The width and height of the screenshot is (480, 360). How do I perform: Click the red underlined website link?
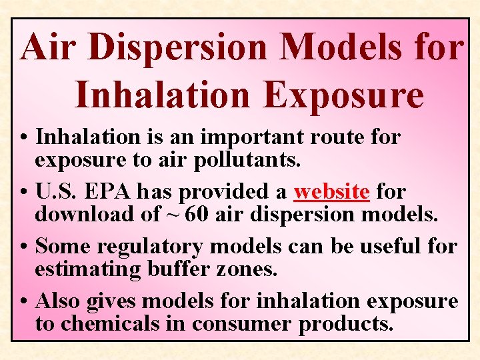[331, 192]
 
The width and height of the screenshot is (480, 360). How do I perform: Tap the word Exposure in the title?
[343, 95]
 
